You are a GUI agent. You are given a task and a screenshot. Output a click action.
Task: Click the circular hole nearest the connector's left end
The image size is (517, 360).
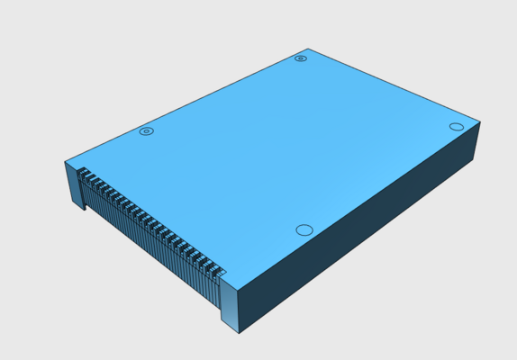[x=147, y=131]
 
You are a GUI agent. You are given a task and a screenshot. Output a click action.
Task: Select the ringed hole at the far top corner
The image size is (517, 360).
[x=301, y=58]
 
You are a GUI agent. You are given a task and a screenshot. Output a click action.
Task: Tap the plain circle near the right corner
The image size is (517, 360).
[x=456, y=127]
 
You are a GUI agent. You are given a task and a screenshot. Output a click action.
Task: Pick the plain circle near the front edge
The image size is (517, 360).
[x=304, y=230]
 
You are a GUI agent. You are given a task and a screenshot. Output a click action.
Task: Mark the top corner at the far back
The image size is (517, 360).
[x=308, y=49]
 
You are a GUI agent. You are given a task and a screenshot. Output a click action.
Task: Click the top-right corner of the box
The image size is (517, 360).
[x=480, y=122]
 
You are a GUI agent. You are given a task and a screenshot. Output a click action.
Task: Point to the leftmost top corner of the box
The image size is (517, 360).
[x=65, y=162]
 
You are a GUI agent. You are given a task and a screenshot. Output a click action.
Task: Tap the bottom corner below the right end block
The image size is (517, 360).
[x=239, y=333]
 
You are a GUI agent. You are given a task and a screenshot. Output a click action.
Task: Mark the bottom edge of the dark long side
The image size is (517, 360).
[x=356, y=247]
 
